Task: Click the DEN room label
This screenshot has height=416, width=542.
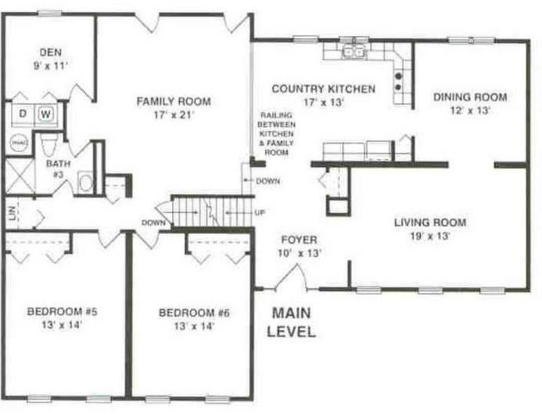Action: click(51, 52)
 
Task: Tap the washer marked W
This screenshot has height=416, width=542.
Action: click(45, 114)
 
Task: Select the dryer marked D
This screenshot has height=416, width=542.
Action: click(23, 114)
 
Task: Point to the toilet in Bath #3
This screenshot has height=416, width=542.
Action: click(48, 145)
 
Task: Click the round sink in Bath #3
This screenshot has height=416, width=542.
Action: click(85, 183)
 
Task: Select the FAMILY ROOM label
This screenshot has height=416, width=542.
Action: click(174, 102)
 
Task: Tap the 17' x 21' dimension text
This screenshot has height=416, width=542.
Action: click(174, 115)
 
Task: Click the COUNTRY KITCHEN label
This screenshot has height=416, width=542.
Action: click(324, 89)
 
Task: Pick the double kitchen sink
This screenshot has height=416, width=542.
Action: click(354, 52)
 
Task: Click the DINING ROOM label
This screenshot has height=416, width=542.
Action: click(470, 97)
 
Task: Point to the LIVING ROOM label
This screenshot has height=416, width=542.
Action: click(430, 222)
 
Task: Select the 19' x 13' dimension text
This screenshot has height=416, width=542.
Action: click(430, 237)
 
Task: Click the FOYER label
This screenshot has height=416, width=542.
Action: click(299, 240)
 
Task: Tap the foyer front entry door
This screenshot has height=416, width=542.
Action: click(292, 277)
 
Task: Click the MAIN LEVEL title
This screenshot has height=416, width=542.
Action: click(292, 322)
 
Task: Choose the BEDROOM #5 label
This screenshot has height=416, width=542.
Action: click(63, 312)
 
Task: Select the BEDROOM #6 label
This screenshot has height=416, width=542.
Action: click(194, 313)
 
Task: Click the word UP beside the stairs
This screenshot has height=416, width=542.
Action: click(260, 212)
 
